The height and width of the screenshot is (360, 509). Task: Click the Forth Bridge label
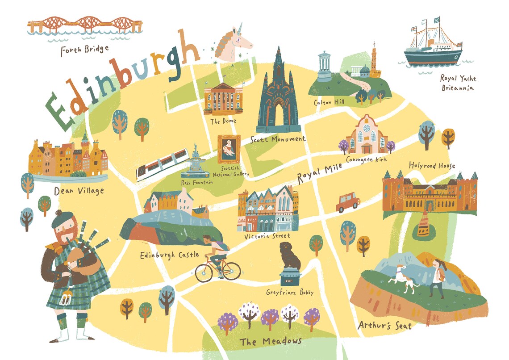(85, 48)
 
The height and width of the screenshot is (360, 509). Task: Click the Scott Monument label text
(278, 139)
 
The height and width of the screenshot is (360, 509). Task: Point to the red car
(347, 202)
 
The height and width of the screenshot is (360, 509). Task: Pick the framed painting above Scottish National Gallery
(229, 149)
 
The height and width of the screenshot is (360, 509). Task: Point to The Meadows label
(271, 342)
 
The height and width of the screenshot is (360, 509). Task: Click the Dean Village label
(79, 191)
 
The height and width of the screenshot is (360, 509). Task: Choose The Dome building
(223, 98)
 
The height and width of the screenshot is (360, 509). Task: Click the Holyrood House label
(432, 166)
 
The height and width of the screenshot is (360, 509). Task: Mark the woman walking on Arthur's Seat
(438, 278)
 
